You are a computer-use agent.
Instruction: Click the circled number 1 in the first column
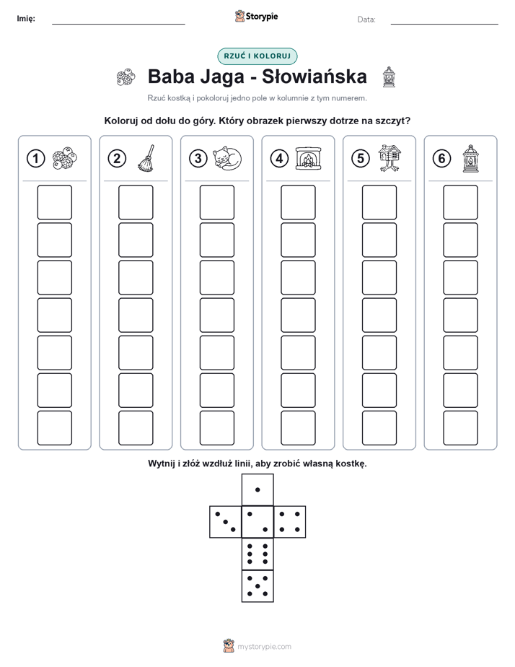pos(35,159)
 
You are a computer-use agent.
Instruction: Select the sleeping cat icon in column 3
pos(227,158)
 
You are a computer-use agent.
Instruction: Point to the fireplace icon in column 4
pos(309,159)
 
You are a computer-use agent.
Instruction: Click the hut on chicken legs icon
pos(389,158)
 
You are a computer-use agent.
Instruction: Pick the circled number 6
pos(441,159)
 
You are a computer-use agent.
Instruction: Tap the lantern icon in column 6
pos(470,159)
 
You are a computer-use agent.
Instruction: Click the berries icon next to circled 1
pos(65,159)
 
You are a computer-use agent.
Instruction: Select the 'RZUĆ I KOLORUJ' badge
pos(257,56)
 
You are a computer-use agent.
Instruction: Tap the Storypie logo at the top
pos(256,16)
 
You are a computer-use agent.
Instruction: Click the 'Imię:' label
pos(26,18)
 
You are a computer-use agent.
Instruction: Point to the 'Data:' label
pos(366,19)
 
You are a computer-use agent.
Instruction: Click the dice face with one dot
pos(257,489)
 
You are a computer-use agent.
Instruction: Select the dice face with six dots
pos(257,554)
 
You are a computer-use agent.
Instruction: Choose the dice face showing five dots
pos(257,585)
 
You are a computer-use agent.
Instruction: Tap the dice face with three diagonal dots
pos(226,521)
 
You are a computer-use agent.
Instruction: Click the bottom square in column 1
pos(54,427)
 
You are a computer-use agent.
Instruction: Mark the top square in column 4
pos(298,202)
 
